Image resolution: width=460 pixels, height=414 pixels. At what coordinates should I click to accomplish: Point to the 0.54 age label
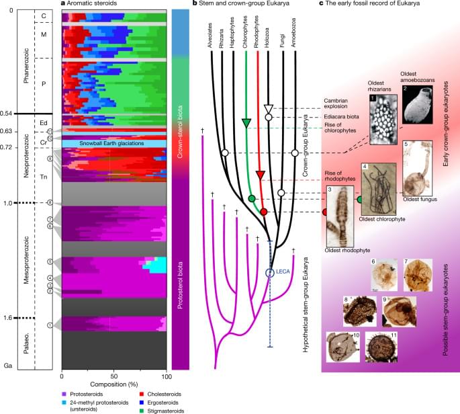[9, 114]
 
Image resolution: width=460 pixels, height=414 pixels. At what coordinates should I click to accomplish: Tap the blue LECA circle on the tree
[269, 273]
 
